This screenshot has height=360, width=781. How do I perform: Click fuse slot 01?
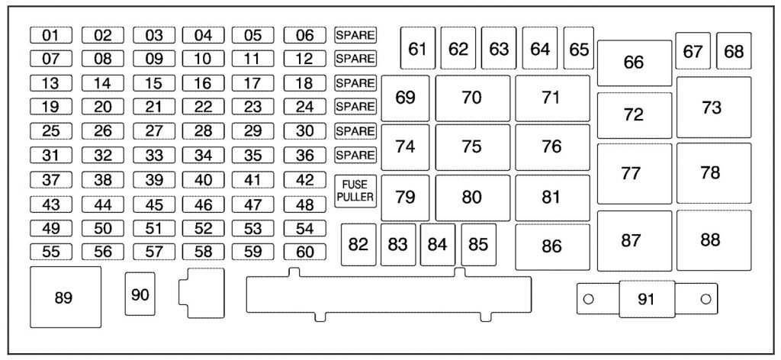click(51, 35)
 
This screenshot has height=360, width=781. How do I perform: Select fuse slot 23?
click(253, 107)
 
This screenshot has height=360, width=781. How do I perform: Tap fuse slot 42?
click(305, 180)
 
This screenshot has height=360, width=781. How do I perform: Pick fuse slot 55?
click(51, 252)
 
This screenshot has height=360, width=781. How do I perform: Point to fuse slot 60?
click(305, 252)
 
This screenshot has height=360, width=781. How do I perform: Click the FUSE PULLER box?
click(355, 191)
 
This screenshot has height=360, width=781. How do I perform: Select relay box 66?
click(634, 63)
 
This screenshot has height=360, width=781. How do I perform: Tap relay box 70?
click(472, 98)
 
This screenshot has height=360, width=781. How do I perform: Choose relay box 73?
click(713, 107)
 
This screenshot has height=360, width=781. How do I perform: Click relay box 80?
click(472, 198)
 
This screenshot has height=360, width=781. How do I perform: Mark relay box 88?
click(713, 240)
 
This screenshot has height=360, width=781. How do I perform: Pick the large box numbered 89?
click(66, 297)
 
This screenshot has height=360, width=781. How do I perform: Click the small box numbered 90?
click(140, 294)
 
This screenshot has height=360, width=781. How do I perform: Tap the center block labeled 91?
click(647, 299)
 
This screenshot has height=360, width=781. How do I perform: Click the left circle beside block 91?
click(588, 299)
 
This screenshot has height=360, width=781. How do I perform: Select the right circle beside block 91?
click(705, 299)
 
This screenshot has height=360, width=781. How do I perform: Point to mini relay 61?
click(418, 48)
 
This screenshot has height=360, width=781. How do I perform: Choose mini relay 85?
click(479, 245)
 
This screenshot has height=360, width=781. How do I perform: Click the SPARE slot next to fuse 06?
click(355, 35)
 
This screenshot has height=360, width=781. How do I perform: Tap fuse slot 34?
click(203, 156)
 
